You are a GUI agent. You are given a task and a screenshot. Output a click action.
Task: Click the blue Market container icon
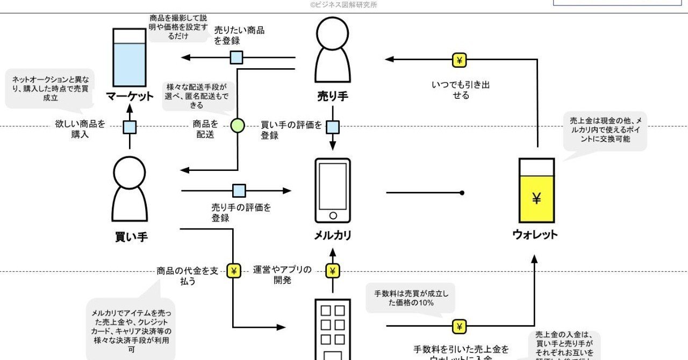(x=130, y=57)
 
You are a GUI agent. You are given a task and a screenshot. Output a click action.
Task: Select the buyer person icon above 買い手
(x=130, y=189)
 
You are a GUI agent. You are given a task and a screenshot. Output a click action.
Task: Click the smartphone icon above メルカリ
(x=332, y=190)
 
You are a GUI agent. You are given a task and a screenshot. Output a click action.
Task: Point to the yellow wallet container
(x=536, y=190)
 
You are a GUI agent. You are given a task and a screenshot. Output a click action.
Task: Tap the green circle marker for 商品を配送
(x=237, y=126)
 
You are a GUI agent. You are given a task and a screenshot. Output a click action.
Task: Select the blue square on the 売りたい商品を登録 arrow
(x=236, y=57)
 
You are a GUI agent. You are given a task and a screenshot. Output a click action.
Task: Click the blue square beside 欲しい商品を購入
(x=130, y=127)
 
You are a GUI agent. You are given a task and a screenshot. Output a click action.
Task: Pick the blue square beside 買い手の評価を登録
(x=333, y=127)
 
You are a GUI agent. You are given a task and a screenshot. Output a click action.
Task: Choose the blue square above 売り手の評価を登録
(x=239, y=191)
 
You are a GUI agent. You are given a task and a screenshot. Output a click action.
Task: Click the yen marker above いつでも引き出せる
(x=459, y=60)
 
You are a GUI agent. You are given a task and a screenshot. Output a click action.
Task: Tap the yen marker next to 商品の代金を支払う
(x=233, y=271)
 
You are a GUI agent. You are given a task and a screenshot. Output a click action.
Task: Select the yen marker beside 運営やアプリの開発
(x=333, y=271)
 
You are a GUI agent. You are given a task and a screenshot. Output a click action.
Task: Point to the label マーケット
(x=130, y=97)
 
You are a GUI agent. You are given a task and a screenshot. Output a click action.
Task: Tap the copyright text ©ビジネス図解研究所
(x=343, y=5)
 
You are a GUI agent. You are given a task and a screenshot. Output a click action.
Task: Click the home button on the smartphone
(x=333, y=215)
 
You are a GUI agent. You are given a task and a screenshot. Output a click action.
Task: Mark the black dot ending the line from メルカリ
(x=462, y=192)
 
